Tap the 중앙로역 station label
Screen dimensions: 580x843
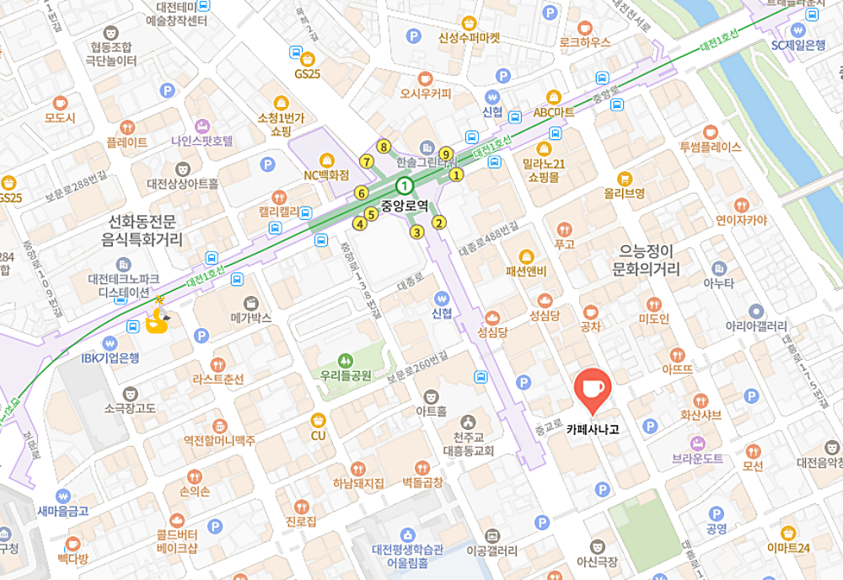405,204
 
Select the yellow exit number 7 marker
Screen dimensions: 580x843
366,161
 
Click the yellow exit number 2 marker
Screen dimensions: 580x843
438,223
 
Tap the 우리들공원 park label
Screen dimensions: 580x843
346,375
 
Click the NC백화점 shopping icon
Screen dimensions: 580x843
326,159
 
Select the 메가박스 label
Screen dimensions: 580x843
251,319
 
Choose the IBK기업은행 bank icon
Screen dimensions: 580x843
110,343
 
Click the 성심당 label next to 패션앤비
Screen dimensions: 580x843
544,315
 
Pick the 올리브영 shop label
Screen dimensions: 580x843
624,193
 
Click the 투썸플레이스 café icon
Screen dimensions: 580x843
711,132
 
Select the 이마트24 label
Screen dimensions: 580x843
788,549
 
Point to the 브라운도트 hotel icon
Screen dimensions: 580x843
698,443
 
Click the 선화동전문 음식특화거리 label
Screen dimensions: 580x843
147,231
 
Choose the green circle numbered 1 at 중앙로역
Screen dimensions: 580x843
405,185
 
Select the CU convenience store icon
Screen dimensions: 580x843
318,419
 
